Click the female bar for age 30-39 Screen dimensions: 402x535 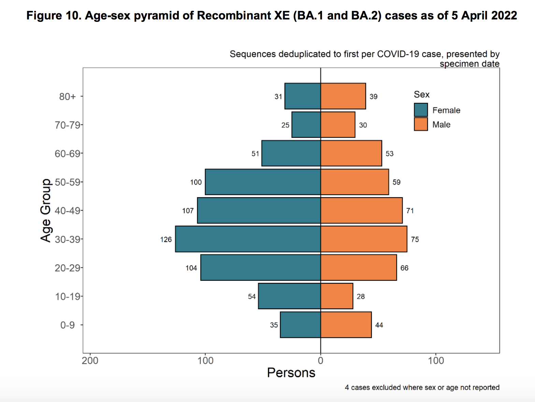pyautogui.click(x=248, y=239)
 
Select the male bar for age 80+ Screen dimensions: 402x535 pyautogui.click(x=343, y=96)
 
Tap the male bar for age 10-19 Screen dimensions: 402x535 pyautogui.click(x=337, y=296)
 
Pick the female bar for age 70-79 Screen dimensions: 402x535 pyautogui.click(x=306, y=125)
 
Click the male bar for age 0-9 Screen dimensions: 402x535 pyautogui.click(x=346, y=325)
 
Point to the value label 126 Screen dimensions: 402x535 pyautogui.click(x=166, y=240)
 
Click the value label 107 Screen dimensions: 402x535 pyautogui.click(x=188, y=211)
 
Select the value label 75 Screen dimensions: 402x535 pyautogui.click(x=415, y=240)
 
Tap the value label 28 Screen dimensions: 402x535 pyautogui.click(x=361, y=297)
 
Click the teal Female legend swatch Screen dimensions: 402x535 pyautogui.click(x=421, y=110)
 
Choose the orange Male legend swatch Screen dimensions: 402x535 pyautogui.click(x=421, y=124)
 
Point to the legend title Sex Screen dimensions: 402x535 pyautogui.click(x=421, y=95)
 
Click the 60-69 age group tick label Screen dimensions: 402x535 pyautogui.click(x=68, y=154)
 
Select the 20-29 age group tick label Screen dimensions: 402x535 pyautogui.click(x=68, y=268)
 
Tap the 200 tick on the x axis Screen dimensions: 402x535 pyautogui.click(x=90, y=361)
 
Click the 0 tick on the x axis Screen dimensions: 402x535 pyautogui.click(x=320, y=361)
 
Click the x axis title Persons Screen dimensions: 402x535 pyautogui.click(x=291, y=373)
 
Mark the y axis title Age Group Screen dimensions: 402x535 pyautogui.click(x=46, y=210)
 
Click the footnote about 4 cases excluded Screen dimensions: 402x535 pyautogui.click(x=422, y=387)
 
